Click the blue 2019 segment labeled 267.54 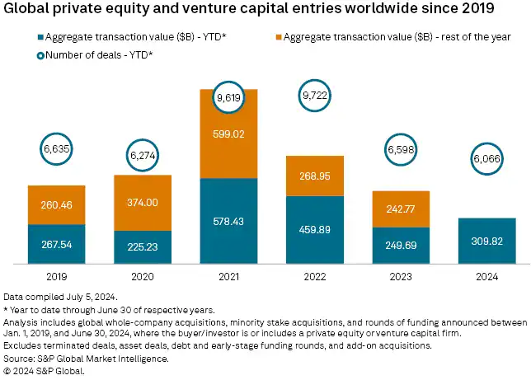pyautogui.click(x=62, y=244)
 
